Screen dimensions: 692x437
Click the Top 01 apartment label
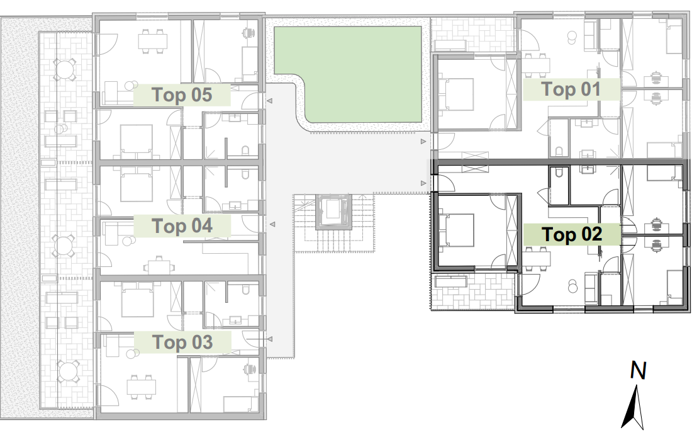[571, 89]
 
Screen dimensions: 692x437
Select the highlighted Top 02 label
[571, 234]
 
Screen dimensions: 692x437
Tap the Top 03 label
[182, 342]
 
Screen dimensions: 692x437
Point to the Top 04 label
[182, 226]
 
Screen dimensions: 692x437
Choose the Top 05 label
[182, 94]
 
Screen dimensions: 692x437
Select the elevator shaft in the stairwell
[333, 212]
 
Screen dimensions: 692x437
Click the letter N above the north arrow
[638, 370]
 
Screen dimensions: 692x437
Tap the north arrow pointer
[633, 407]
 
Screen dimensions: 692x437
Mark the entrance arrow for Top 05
[269, 101]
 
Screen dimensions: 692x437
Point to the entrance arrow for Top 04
[273, 224]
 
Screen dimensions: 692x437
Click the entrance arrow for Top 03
[269, 339]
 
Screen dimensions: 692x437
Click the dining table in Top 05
[153, 42]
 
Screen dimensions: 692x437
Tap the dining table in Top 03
[141, 387]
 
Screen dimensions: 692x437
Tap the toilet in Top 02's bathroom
[559, 173]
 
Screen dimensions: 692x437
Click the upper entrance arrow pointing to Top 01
[423, 142]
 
